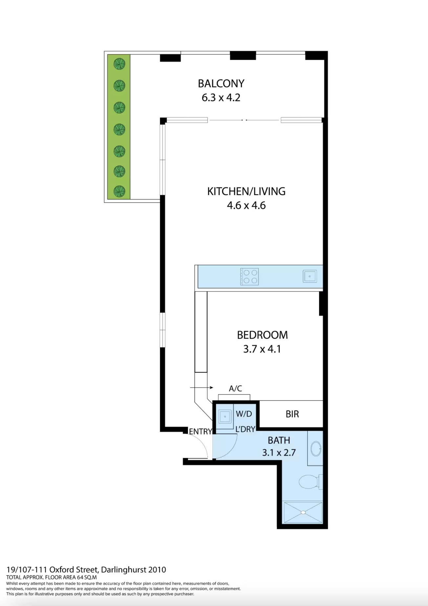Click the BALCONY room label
(221, 84)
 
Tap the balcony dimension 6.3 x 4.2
(221, 98)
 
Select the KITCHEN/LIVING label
(246, 192)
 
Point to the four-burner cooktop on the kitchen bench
(249, 277)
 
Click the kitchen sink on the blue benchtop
(310, 276)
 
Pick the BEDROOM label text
(262, 335)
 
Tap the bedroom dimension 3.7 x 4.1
(262, 349)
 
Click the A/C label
(235, 389)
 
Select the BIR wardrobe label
(292, 414)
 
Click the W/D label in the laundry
(244, 414)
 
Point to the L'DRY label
(245, 429)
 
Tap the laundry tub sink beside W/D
(225, 417)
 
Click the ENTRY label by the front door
(200, 432)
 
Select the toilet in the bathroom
(309, 482)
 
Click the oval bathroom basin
(316, 449)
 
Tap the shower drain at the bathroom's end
(303, 512)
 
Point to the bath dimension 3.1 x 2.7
(279, 453)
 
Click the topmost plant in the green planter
(119, 64)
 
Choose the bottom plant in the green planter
(119, 192)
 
